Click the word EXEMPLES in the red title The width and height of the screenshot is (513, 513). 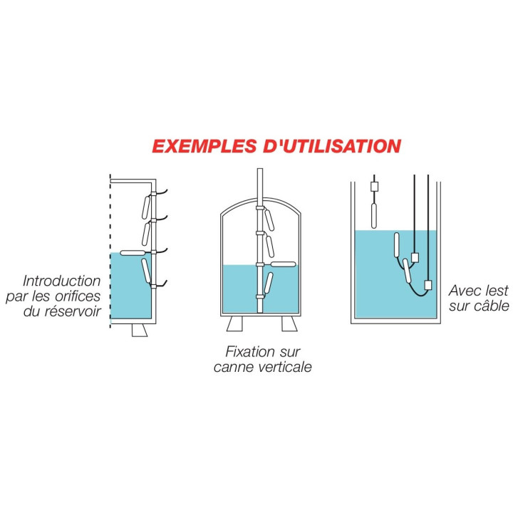click(x=204, y=146)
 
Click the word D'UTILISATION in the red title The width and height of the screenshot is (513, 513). click(x=332, y=146)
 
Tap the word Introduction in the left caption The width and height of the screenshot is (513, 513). click(x=62, y=281)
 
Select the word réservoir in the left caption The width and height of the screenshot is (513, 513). click(x=73, y=311)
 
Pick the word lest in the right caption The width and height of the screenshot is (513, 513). click(x=497, y=291)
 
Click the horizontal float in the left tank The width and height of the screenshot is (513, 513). click(x=133, y=252)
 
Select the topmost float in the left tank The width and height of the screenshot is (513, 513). click(x=146, y=207)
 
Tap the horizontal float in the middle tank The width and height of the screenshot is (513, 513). click(x=284, y=264)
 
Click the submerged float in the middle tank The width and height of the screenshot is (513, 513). click(x=269, y=284)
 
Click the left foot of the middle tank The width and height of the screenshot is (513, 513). click(x=234, y=324)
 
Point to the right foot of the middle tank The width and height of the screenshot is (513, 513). click(x=289, y=324)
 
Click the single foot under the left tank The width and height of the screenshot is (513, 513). click(x=140, y=330)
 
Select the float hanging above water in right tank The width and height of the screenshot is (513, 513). click(x=374, y=215)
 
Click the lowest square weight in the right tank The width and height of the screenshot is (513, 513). click(x=428, y=285)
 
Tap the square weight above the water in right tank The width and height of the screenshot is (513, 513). click(x=374, y=187)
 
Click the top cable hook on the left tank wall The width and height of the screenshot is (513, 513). click(x=160, y=192)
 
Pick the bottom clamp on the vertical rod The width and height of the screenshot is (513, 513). click(x=260, y=296)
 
